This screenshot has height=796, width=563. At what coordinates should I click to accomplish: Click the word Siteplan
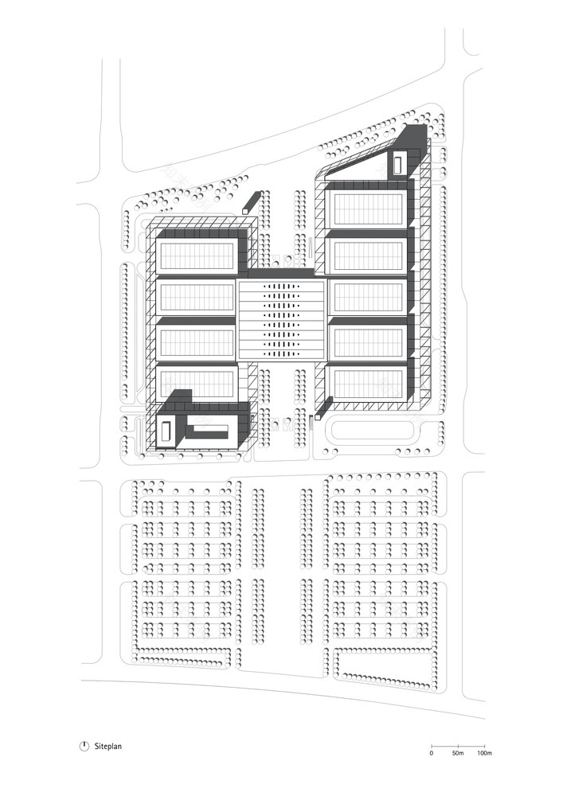[x=108, y=747]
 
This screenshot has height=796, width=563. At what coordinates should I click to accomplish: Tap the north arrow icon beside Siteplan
[x=84, y=747]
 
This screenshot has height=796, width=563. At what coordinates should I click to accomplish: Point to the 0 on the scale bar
[x=431, y=752]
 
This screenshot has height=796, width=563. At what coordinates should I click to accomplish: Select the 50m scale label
[x=457, y=752]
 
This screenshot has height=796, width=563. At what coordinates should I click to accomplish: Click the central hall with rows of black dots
[x=280, y=318]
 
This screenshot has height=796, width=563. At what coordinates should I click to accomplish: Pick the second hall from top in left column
[x=197, y=297]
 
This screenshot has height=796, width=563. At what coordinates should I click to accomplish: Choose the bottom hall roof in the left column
[x=197, y=383]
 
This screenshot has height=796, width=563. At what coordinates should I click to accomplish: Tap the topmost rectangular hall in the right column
[x=368, y=209]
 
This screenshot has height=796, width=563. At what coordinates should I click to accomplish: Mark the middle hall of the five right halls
[x=368, y=298]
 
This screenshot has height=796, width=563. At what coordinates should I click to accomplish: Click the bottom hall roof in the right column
[x=368, y=384]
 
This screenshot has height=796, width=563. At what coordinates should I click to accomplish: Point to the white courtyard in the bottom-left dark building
[x=165, y=431]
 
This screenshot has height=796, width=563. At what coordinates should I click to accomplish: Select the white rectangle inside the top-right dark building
[x=397, y=163]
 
